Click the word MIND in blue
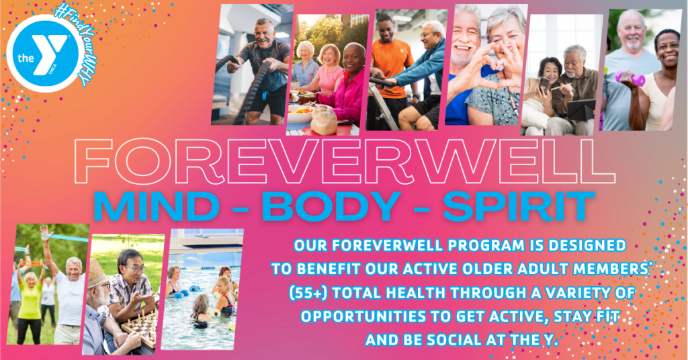(x=157, y=206)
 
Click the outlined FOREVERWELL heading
(x=345, y=162)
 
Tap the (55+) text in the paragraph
(x=308, y=292)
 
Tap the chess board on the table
(x=140, y=326)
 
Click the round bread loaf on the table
(x=324, y=120)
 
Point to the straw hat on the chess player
(x=97, y=273)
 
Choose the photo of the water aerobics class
(x=202, y=289)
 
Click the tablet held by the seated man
(x=580, y=110)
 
